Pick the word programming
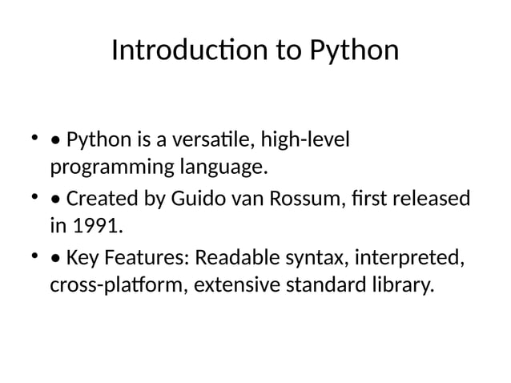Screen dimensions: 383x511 110,170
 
